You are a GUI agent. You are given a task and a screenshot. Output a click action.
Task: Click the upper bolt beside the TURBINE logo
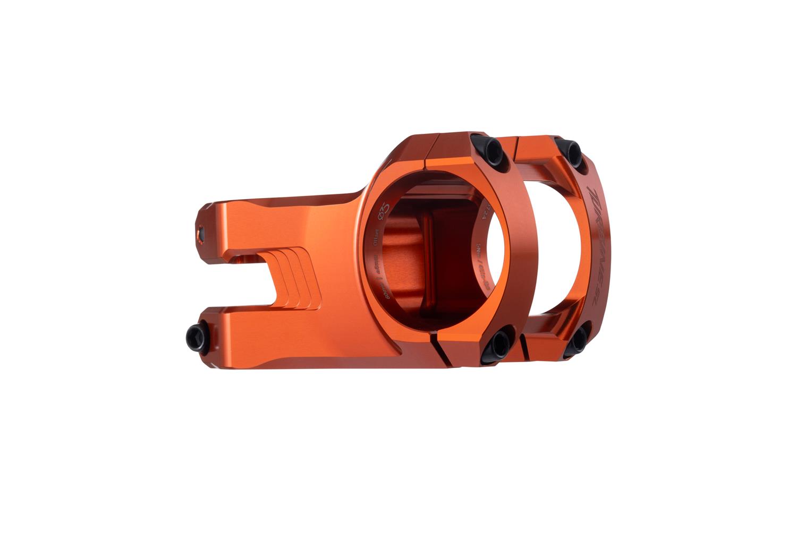click(573, 153)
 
